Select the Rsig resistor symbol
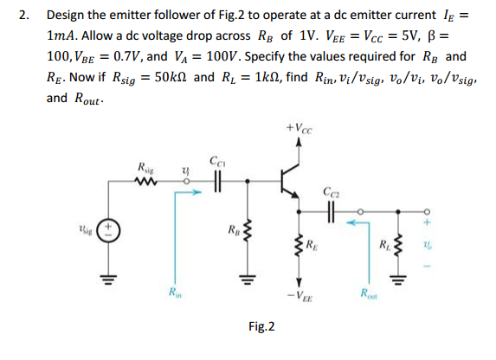pyautogui.click(x=147, y=181)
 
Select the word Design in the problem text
pyautogui.click(x=67, y=16)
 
